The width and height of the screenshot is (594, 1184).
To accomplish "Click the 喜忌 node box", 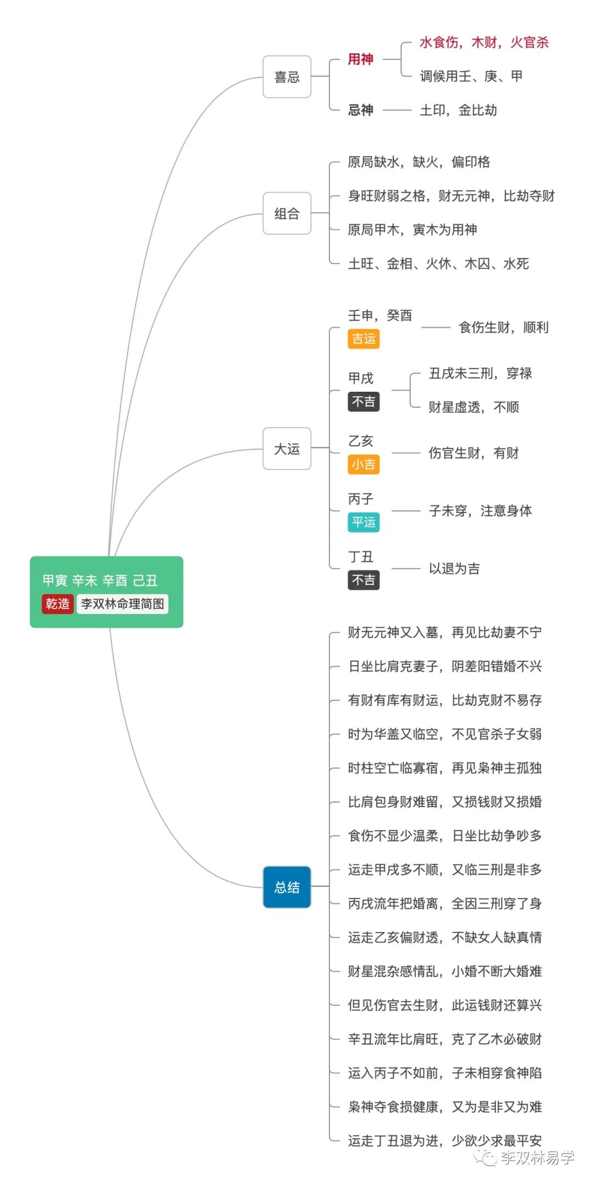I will click(287, 77).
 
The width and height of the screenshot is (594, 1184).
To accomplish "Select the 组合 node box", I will click(287, 213).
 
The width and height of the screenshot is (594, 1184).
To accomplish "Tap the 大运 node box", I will click(287, 449).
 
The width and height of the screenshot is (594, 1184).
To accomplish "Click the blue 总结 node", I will click(287, 887).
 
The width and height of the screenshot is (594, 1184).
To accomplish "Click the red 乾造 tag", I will click(57, 604).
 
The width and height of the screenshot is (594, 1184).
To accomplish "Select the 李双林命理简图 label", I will click(122, 604).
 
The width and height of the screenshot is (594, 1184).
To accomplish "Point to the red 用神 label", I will click(360, 59).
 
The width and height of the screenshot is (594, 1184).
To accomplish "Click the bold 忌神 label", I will click(360, 110).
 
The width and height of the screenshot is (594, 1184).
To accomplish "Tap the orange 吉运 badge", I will click(364, 339).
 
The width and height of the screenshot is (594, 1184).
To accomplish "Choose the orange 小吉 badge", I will click(364, 464).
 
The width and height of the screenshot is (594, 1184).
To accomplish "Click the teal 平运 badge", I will click(364, 522).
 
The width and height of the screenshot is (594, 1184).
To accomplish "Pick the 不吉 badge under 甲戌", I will click(364, 402).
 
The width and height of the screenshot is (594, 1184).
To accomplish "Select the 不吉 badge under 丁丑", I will click(364, 580).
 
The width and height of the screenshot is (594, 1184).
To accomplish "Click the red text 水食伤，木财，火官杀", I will click(484, 42).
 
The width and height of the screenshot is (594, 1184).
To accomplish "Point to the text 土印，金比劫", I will click(458, 110).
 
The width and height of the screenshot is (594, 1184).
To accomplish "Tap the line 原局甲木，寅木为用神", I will click(412, 229).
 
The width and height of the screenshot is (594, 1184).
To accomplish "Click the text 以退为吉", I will click(454, 568).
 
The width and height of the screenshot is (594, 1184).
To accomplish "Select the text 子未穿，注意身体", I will click(480, 511).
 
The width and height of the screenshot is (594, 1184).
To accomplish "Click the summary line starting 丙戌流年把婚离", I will click(444, 903).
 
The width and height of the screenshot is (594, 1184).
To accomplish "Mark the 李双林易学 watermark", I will click(536, 1158).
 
